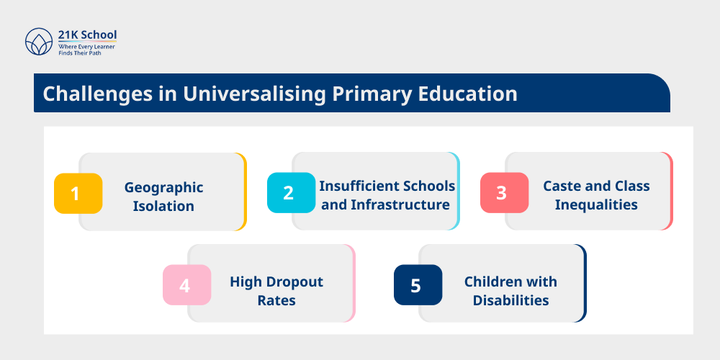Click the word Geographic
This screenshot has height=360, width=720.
coord(163,188)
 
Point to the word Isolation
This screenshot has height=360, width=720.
coord(163,206)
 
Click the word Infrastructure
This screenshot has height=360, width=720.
coord(400,204)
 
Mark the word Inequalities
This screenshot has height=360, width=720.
coord(596,204)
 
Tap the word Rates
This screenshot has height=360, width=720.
coord(276,300)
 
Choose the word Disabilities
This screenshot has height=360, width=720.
coord(510,300)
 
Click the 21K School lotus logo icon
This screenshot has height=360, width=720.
coord(39,42)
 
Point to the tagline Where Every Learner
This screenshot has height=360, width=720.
coord(86,46)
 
